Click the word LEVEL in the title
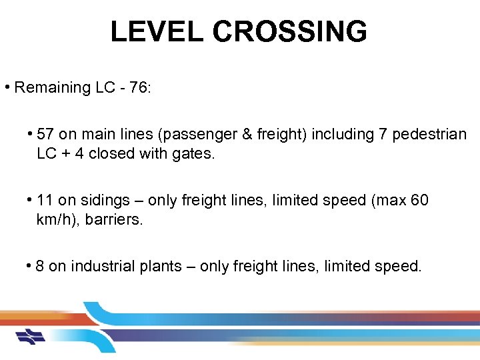click(157, 31)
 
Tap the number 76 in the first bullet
click(138, 87)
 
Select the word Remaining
click(51, 87)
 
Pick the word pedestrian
click(429, 134)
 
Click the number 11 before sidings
click(45, 200)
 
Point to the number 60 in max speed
click(420, 200)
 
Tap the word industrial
click(101, 266)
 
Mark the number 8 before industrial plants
click(40, 266)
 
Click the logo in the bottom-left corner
click(30, 337)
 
